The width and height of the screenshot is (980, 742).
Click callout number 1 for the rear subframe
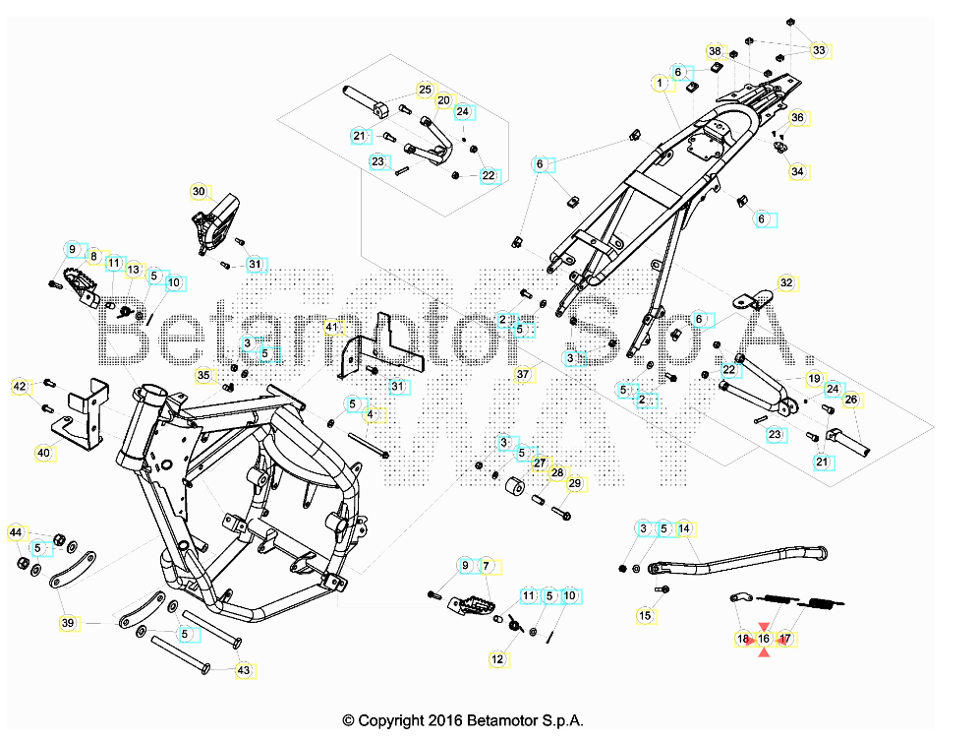[x=660, y=84]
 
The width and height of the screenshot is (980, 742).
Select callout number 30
[x=199, y=191]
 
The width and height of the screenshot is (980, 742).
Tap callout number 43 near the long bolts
[x=244, y=670]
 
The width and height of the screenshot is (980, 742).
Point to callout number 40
[x=43, y=453]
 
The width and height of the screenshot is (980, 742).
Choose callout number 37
[x=523, y=374]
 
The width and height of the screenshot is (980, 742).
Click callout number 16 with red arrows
[x=764, y=639]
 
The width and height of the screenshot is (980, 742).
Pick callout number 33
[x=819, y=50]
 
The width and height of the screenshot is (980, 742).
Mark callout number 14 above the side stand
[x=684, y=528]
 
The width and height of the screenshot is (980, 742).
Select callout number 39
[x=67, y=623]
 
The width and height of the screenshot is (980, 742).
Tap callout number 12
[x=497, y=658]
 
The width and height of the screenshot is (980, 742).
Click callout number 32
[x=785, y=282]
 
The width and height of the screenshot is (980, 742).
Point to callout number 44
[x=15, y=532]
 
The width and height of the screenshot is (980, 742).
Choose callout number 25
[x=425, y=91]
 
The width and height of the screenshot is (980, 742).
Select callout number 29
[x=575, y=483]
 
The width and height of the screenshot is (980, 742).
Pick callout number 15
[x=645, y=615]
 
